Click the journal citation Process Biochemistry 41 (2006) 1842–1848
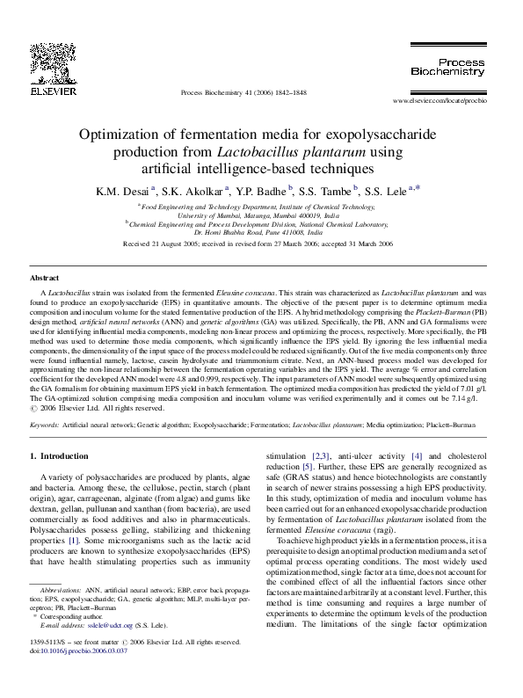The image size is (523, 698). tap(243, 92)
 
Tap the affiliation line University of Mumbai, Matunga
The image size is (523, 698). tap(258, 214)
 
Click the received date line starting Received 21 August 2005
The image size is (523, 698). tap(260, 243)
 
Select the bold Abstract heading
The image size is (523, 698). tap(45, 278)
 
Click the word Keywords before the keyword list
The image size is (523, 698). tap(45, 424)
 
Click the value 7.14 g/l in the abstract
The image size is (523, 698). tap(462, 398)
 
